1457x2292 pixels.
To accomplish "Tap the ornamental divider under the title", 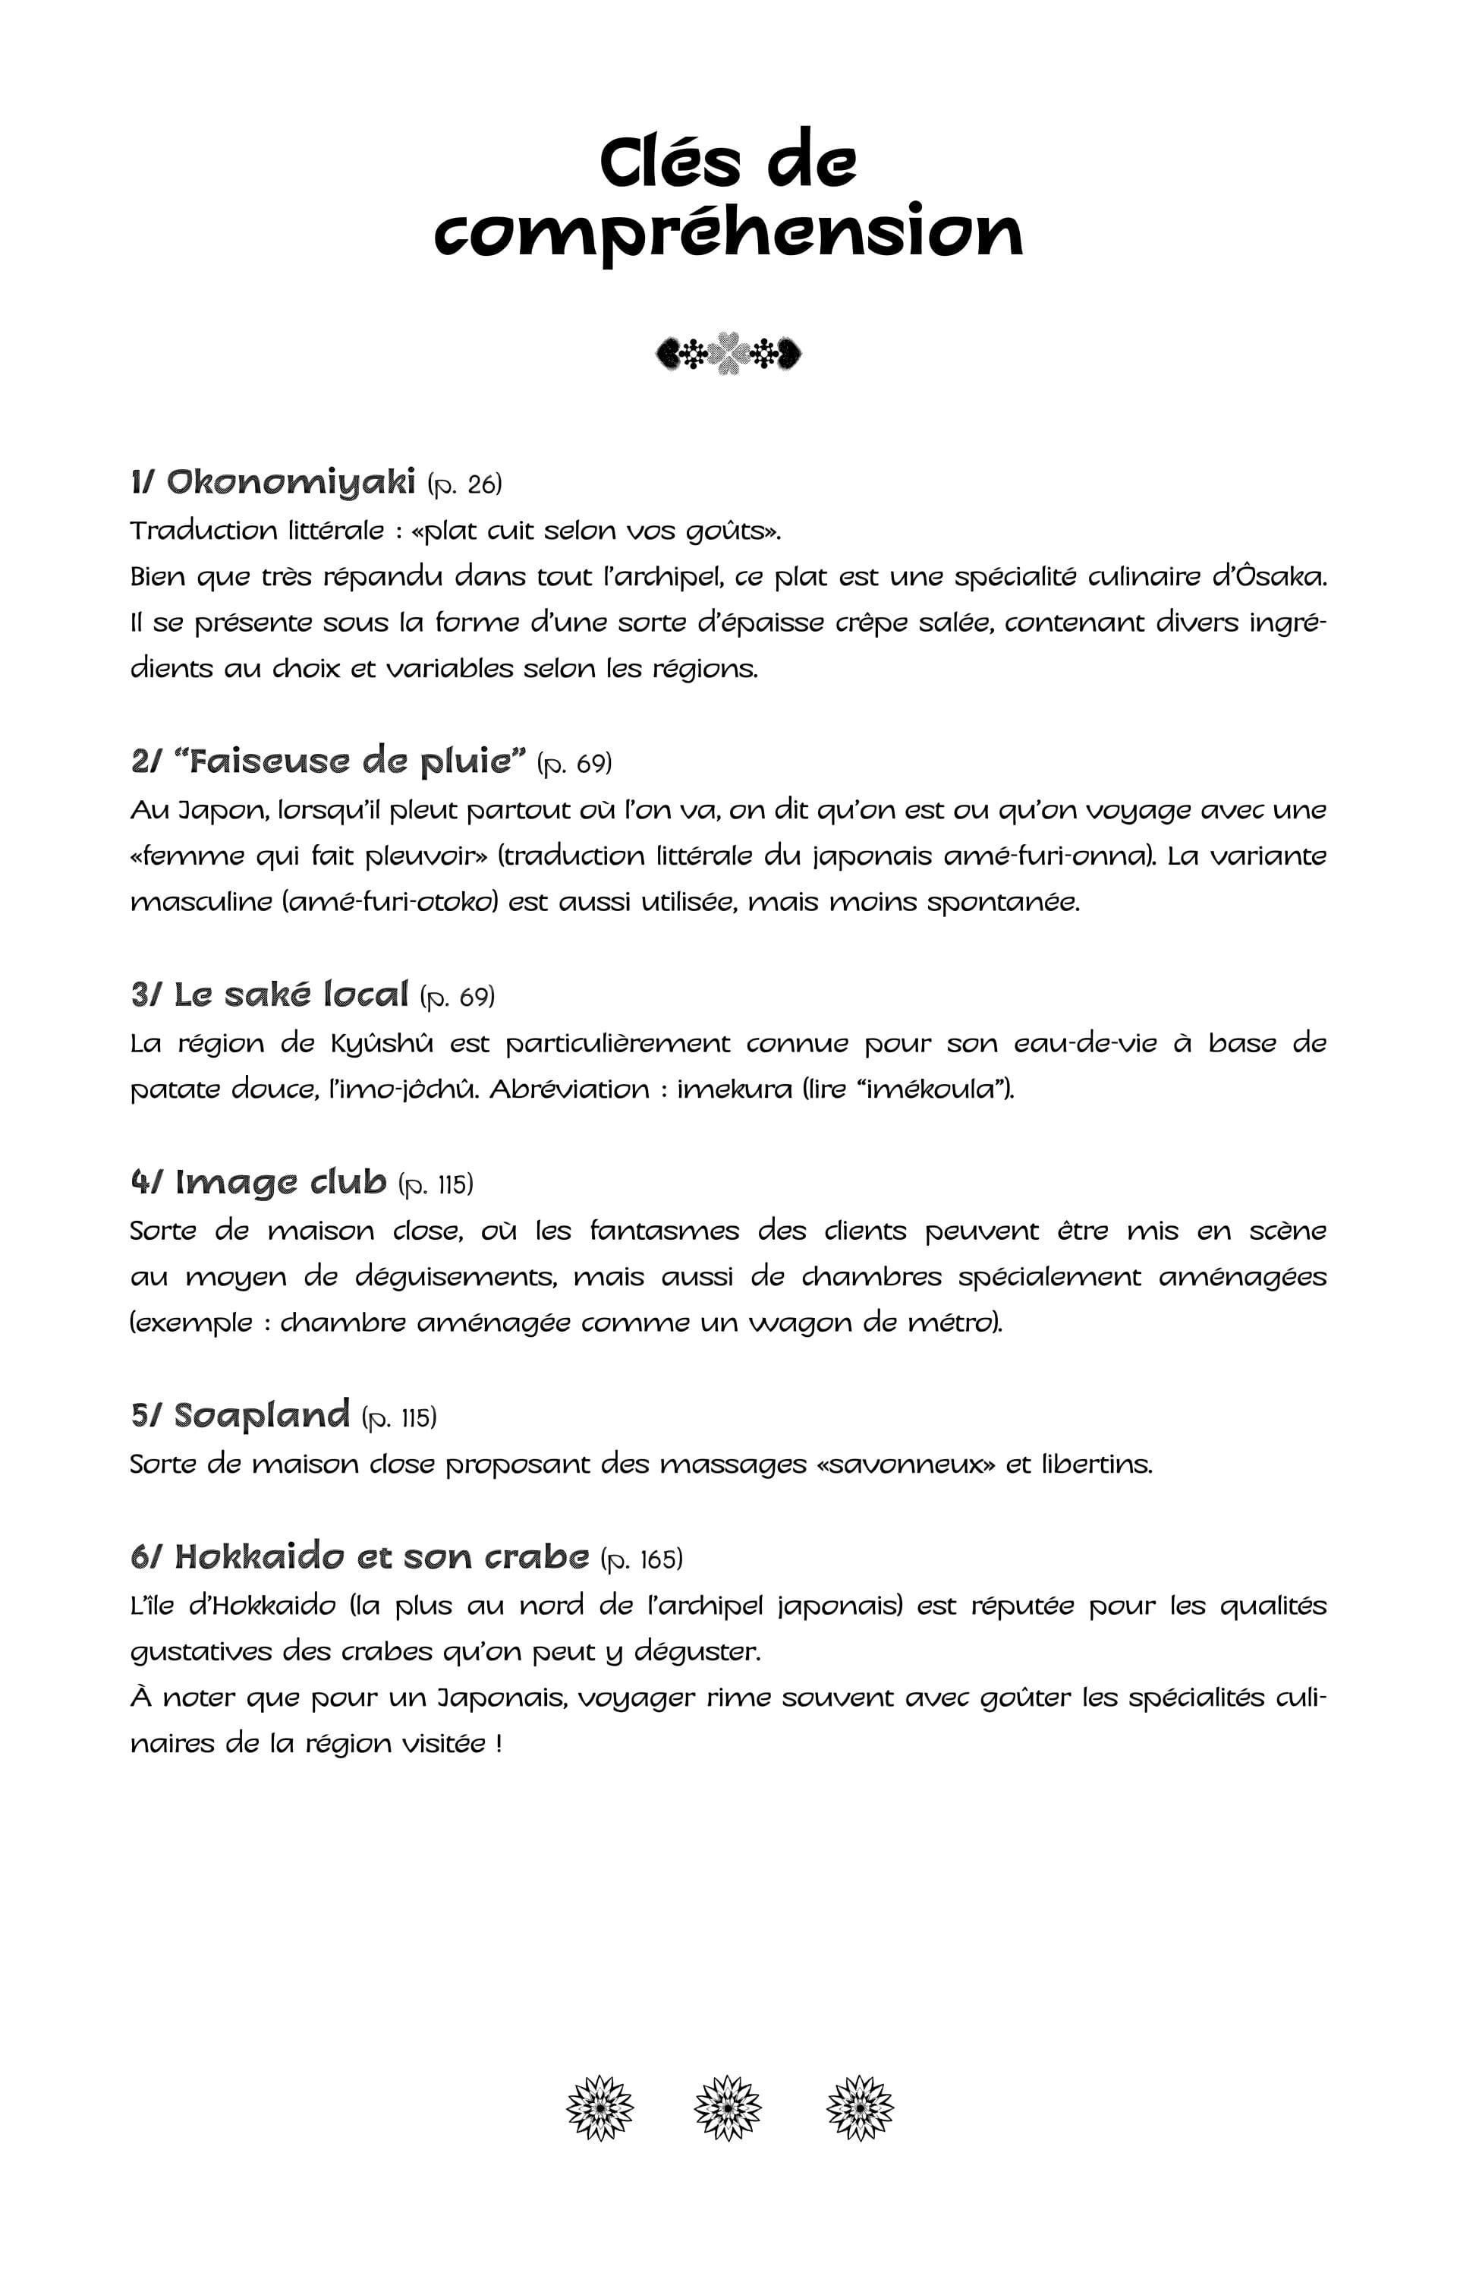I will pyautogui.click(x=728, y=354).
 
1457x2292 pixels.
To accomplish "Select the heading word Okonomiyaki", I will pyautogui.click(x=291, y=483).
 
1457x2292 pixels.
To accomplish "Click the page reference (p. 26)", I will pyautogui.click(x=464, y=484).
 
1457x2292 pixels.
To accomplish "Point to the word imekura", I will pyautogui.click(x=734, y=1089).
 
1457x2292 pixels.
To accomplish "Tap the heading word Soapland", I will pyautogui.click(x=262, y=1415).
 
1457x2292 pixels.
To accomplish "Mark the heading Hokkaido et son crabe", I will pyautogui.click(x=382, y=1557).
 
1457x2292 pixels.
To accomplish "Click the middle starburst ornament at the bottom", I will pyautogui.click(x=728, y=2108).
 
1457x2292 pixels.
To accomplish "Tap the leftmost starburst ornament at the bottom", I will pyautogui.click(x=599, y=2108).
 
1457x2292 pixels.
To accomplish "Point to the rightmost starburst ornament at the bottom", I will pyautogui.click(x=859, y=2108).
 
